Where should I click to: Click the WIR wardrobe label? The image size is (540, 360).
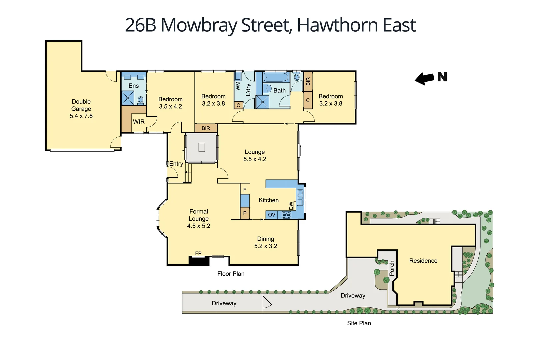pyautogui.click(x=139, y=122)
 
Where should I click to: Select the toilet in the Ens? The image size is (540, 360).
pyautogui.click(x=141, y=100)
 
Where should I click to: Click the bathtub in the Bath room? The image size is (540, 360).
pyautogui.click(x=276, y=78)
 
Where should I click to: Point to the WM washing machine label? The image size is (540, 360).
pyautogui.click(x=238, y=86)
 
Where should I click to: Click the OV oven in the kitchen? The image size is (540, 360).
pyautogui.click(x=272, y=215)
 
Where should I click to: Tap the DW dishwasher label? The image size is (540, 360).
pyautogui.click(x=291, y=206)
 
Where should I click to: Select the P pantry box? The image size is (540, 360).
pyautogui.click(x=245, y=213)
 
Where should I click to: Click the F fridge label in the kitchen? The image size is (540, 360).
pyautogui.click(x=245, y=190)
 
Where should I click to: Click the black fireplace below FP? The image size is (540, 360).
pyautogui.click(x=199, y=261)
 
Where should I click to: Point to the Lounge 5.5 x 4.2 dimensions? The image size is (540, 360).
pyautogui.click(x=255, y=159)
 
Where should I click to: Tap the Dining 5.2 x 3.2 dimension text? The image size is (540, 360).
pyautogui.click(x=266, y=246)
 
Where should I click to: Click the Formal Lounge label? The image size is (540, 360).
pyautogui.click(x=199, y=215)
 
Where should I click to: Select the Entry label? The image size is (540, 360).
pyautogui.click(x=176, y=164)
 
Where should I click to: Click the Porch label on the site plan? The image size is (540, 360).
pyautogui.click(x=392, y=268)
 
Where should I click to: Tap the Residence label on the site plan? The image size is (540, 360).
pyautogui.click(x=423, y=261)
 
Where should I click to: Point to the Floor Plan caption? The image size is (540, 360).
pyautogui.click(x=231, y=274)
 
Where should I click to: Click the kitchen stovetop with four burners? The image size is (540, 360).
pyautogui.click(x=286, y=215)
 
